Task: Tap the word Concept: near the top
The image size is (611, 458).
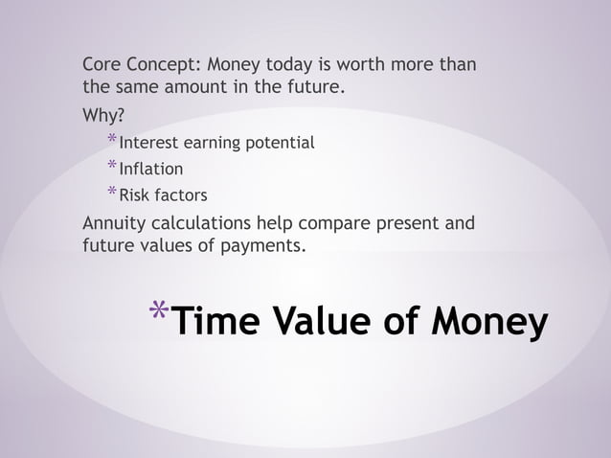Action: [x=164, y=66]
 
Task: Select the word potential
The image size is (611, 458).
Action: [x=281, y=144]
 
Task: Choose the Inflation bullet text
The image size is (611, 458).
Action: [x=150, y=170]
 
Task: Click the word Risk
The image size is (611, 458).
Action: [x=136, y=195]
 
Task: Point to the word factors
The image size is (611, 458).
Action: [x=181, y=195]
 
